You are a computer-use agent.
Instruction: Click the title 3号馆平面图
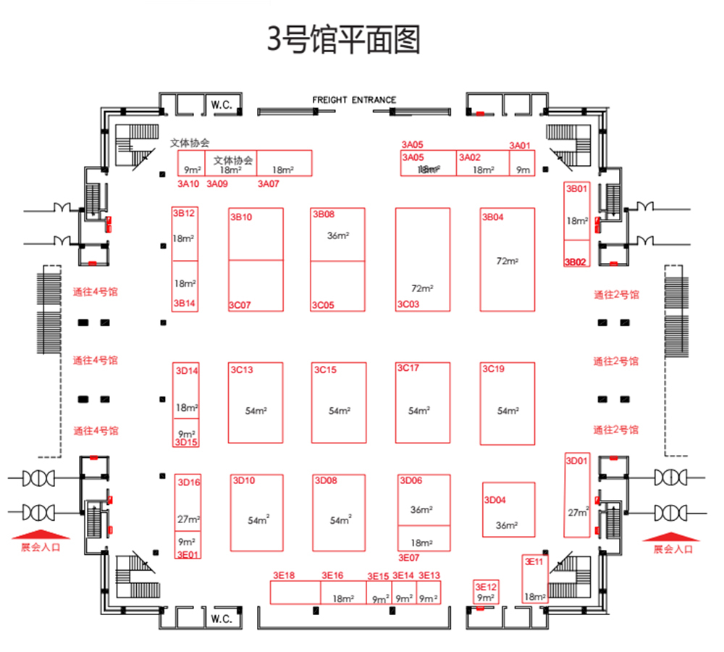[x=345, y=41]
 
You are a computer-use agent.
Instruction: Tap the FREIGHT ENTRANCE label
[x=354, y=100]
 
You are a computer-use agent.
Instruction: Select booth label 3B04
[x=492, y=217]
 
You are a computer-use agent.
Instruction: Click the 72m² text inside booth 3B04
[x=507, y=261]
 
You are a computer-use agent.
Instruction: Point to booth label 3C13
[x=242, y=370]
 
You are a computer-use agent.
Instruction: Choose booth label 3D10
[x=243, y=480]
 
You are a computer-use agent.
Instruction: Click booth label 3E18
[x=284, y=575]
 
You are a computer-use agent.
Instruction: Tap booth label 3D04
[x=495, y=500]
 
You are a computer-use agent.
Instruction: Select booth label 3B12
[x=183, y=213]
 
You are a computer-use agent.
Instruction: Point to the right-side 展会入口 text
[x=673, y=549]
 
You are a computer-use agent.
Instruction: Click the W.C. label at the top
[x=221, y=105]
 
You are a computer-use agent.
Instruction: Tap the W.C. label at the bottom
[x=221, y=619]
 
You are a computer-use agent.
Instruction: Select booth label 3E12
[x=486, y=587]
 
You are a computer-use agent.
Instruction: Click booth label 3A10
[x=188, y=184]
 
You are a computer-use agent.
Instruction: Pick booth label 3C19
[x=493, y=369]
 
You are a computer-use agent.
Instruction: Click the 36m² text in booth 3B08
[x=338, y=235]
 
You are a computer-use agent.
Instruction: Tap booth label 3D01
[x=577, y=460]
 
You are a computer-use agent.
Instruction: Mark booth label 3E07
[x=409, y=558]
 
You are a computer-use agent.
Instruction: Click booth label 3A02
[x=469, y=157]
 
